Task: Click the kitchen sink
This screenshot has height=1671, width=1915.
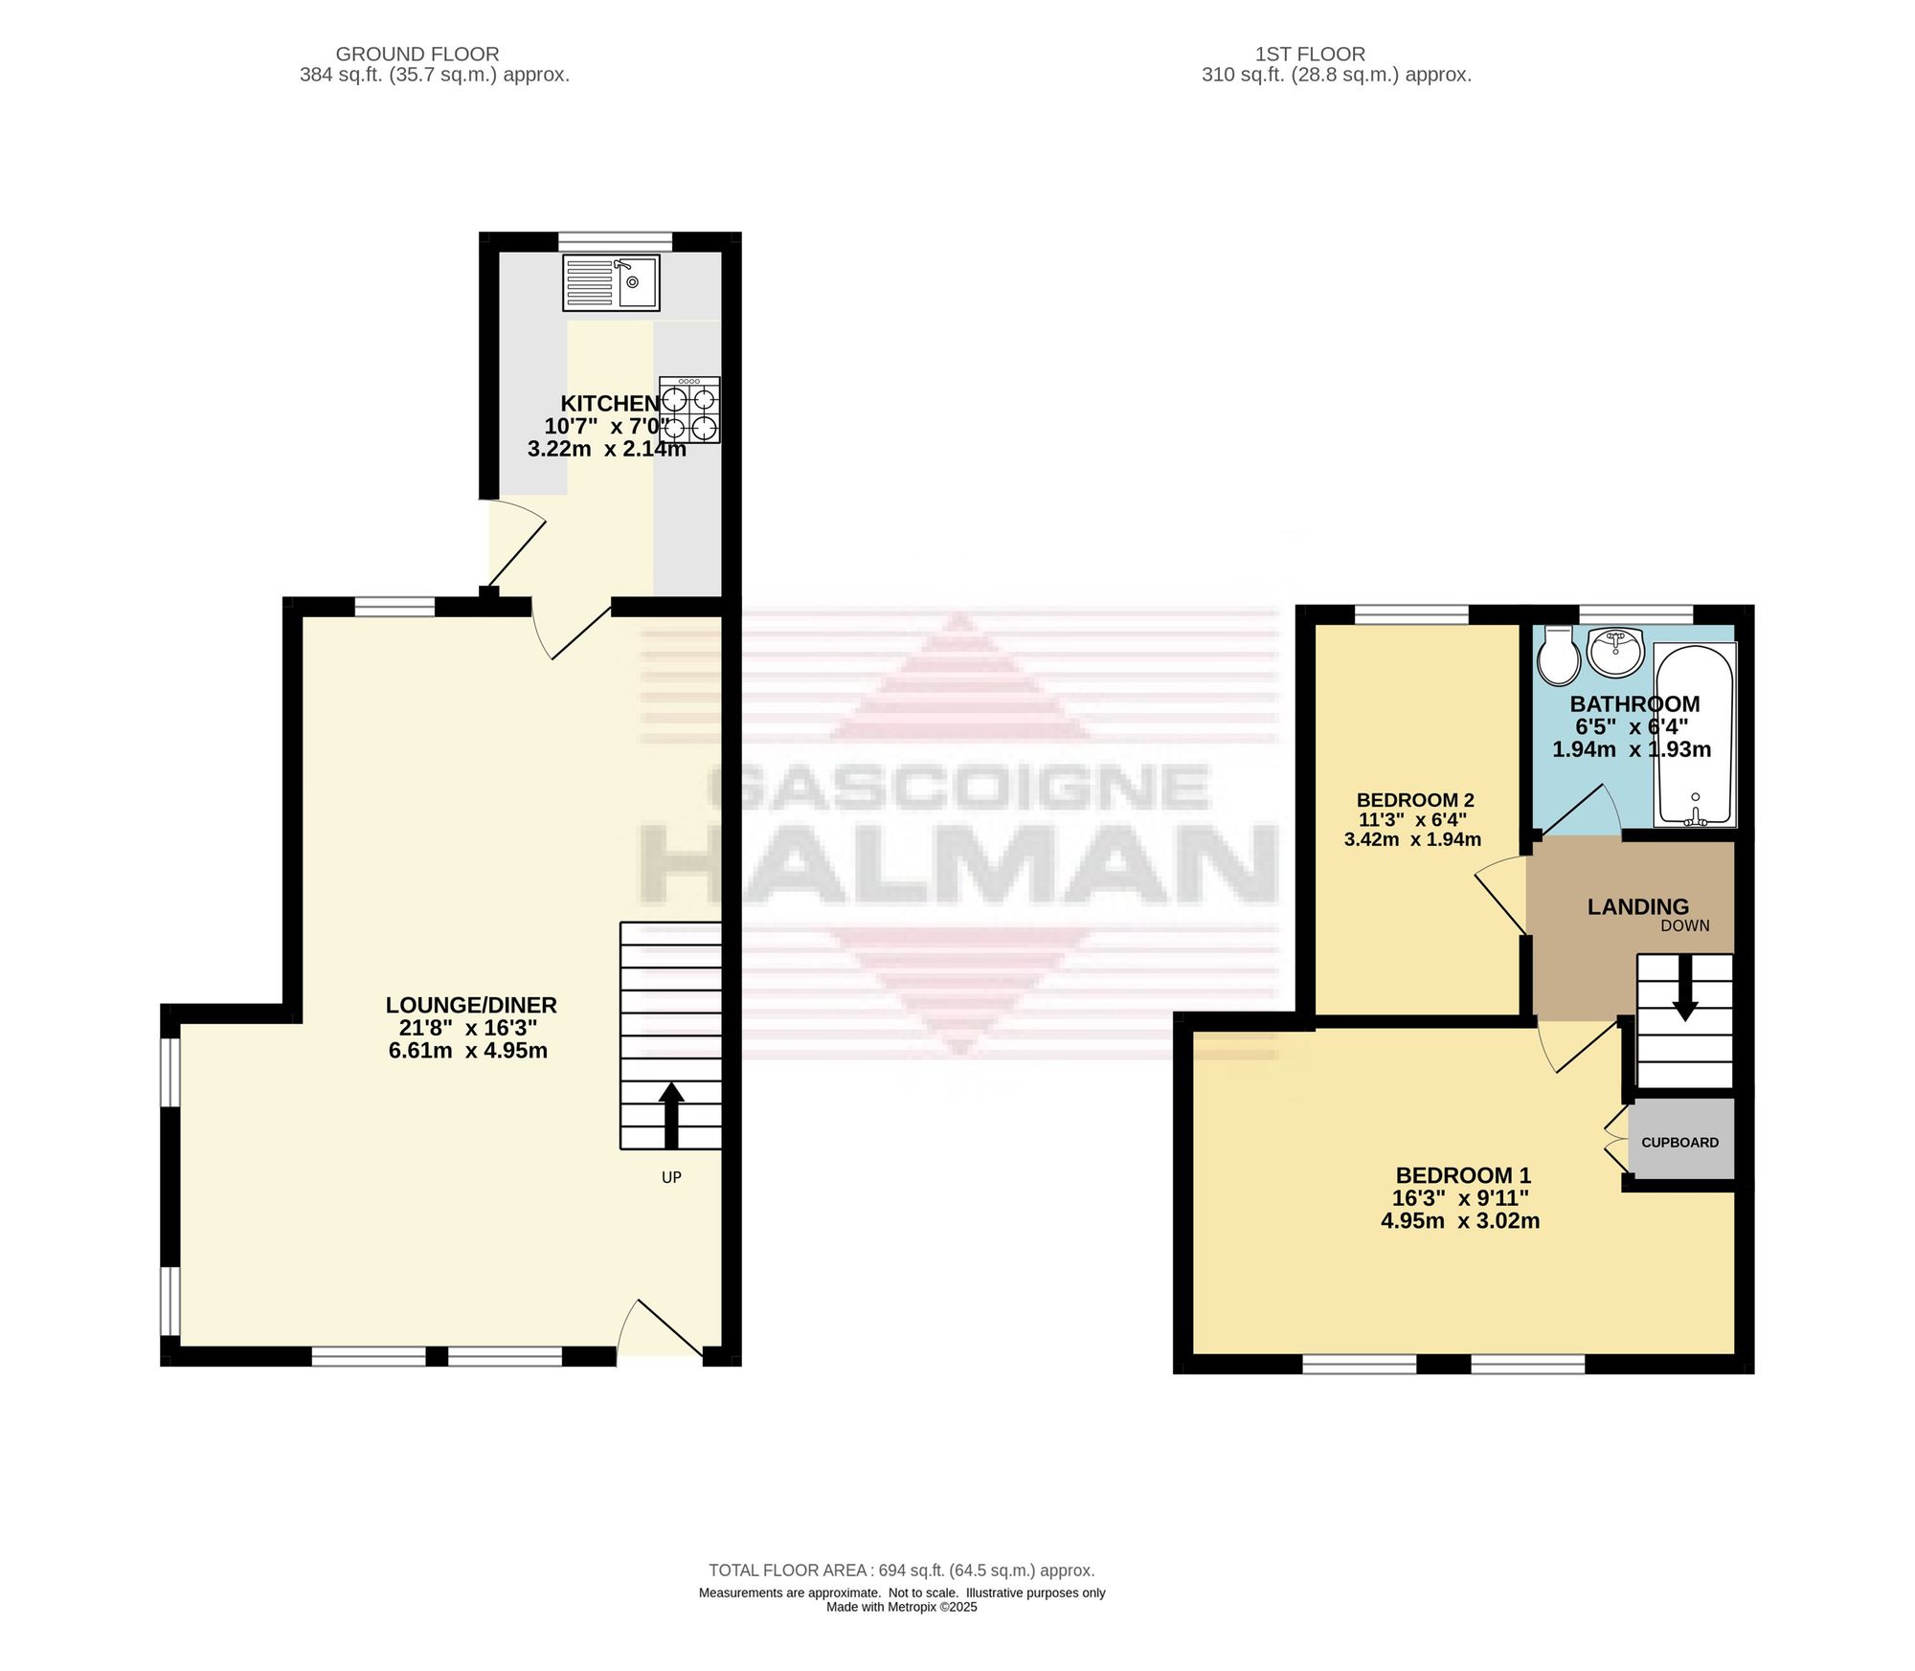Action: [611, 282]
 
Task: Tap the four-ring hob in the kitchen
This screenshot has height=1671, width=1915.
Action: [689, 410]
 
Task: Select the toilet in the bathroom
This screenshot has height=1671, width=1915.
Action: [1559, 657]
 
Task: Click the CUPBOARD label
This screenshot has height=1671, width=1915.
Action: [1679, 1142]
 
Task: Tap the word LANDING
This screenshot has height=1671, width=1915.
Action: [1638, 906]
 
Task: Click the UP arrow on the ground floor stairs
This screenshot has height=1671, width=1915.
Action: [671, 1115]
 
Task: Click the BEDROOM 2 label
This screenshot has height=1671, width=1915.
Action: [1415, 800]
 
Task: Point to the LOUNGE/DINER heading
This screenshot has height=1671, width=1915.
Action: [471, 1005]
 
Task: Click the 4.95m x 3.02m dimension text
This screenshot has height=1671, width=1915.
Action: [1460, 1220]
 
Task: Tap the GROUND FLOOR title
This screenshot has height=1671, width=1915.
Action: [417, 55]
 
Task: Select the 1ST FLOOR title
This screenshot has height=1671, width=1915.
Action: [1310, 55]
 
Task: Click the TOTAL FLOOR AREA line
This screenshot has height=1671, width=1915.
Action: [901, 1571]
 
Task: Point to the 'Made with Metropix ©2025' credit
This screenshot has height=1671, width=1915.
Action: [902, 1607]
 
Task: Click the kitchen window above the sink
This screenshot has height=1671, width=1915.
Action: [615, 241]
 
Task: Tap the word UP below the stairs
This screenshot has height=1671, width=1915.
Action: [671, 1177]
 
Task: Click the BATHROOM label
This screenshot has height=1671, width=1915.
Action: [1635, 703]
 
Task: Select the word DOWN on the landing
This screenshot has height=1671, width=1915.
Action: [1685, 925]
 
